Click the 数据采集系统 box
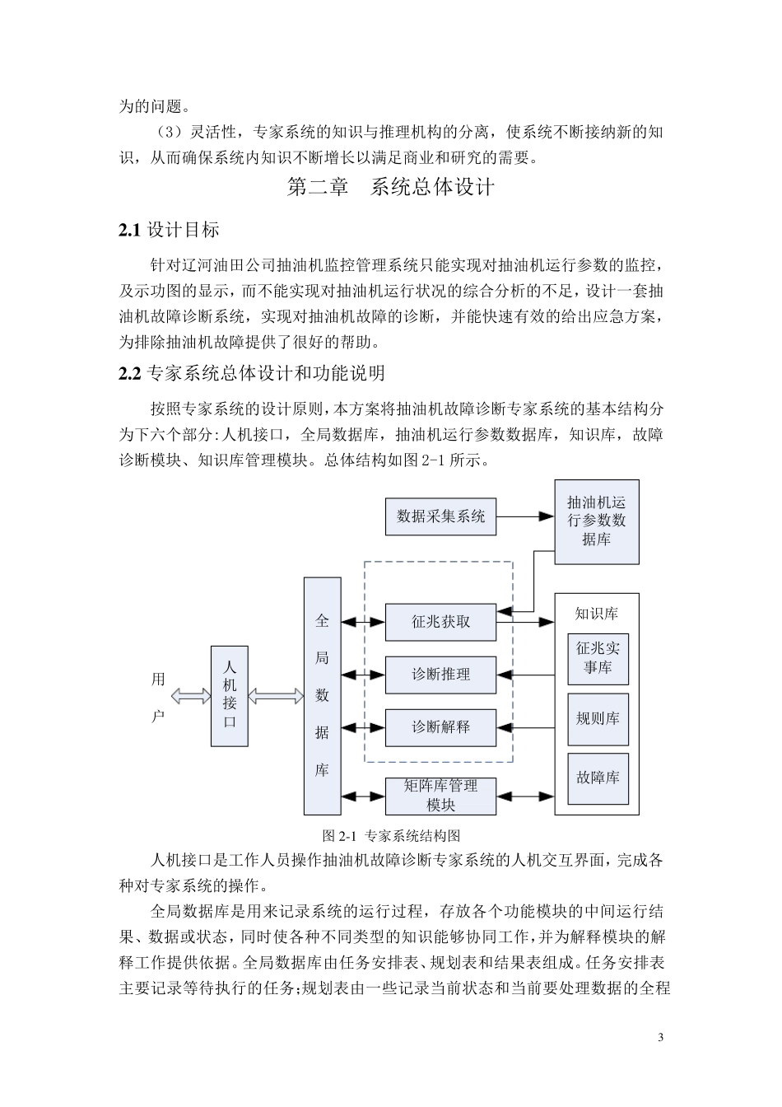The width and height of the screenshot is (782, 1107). click(440, 516)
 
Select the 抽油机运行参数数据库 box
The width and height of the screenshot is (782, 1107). click(597, 521)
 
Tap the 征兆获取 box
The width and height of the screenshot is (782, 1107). click(440, 622)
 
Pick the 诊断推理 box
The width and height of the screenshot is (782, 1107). click(440, 675)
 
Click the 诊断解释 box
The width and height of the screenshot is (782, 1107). click(440, 727)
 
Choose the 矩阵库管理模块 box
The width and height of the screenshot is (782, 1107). click(440, 796)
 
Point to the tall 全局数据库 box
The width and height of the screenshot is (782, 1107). click(322, 695)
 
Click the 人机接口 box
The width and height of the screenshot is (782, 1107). click(230, 696)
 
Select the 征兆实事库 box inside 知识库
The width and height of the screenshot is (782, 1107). click(598, 658)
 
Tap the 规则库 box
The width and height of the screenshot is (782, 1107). click(598, 718)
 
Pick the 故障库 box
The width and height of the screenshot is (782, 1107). click(598, 778)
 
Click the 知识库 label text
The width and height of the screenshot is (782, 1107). click(597, 614)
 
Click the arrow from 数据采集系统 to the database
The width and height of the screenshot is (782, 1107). click(525, 516)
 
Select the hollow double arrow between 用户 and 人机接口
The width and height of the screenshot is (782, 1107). click(190, 697)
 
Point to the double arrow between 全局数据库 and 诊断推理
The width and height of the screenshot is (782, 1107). click(363, 675)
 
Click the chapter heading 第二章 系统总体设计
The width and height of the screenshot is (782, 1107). click(390, 187)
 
